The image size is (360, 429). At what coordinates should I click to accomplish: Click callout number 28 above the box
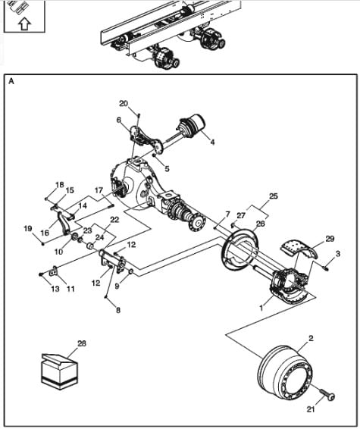[x=82, y=343]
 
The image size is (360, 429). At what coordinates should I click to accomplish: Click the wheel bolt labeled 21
[x=327, y=395]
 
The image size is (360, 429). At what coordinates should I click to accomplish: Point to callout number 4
[x=212, y=142]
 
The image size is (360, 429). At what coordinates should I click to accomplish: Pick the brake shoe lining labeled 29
[x=300, y=249]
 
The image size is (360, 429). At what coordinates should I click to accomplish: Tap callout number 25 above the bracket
[x=274, y=196]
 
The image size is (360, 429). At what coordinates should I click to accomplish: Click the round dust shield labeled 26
[x=241, y=251]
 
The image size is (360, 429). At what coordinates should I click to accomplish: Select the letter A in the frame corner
[x=11, y=81]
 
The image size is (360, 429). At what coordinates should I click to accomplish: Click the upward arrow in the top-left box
[x=24, y=23]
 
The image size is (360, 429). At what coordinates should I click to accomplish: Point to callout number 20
[x=124, y=103]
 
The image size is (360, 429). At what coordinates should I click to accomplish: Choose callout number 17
[x=99, y=190]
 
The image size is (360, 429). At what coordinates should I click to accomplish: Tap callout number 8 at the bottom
[x=118, y=310]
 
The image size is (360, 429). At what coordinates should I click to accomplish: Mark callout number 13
[x=55, y=289]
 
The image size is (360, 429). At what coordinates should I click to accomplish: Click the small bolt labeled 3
[x=326, y=268]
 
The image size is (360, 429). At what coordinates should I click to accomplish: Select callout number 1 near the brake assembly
[x=261, y=308]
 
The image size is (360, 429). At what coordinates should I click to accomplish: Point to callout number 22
[x=115, y=220]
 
